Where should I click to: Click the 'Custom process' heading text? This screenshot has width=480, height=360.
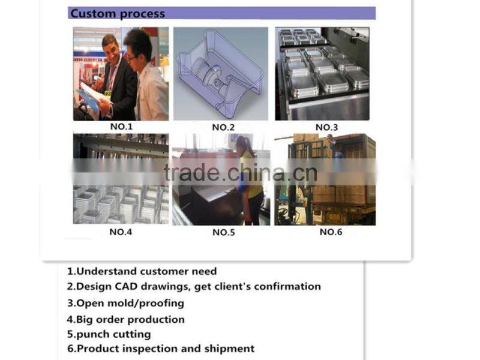pyautogui.click(x=118, y=14)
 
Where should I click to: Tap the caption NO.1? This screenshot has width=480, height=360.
pyautogui.click(x=122, y=127)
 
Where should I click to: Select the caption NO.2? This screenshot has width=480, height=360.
pyautogui.click(x=223, y=127)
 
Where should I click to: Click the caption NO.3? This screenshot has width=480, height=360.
pyautogui.click(x=326, y=127)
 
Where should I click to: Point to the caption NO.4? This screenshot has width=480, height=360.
pyautogui.click(x=121, y=232)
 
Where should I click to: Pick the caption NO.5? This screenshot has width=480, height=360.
pyautogui.click(x=223, y=232)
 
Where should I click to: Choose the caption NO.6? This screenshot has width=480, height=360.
pyautogui.click(x=331, y=232)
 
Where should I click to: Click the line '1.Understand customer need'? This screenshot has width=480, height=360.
pyautogui.click(x=142, y=271)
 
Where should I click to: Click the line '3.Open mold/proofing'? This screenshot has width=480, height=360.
pyautogui.click(x=125, y=303)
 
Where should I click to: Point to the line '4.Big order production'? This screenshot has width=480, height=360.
pyautogui.click(x=125, y=320)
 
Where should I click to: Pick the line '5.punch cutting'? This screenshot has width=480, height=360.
pyautogui.click(x=109, y=334)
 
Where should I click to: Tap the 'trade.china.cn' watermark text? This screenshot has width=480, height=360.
pyautogui.click(x=241, y=173)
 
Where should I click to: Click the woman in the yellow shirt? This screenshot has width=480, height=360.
pyautogui.click(x=248, y=181)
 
